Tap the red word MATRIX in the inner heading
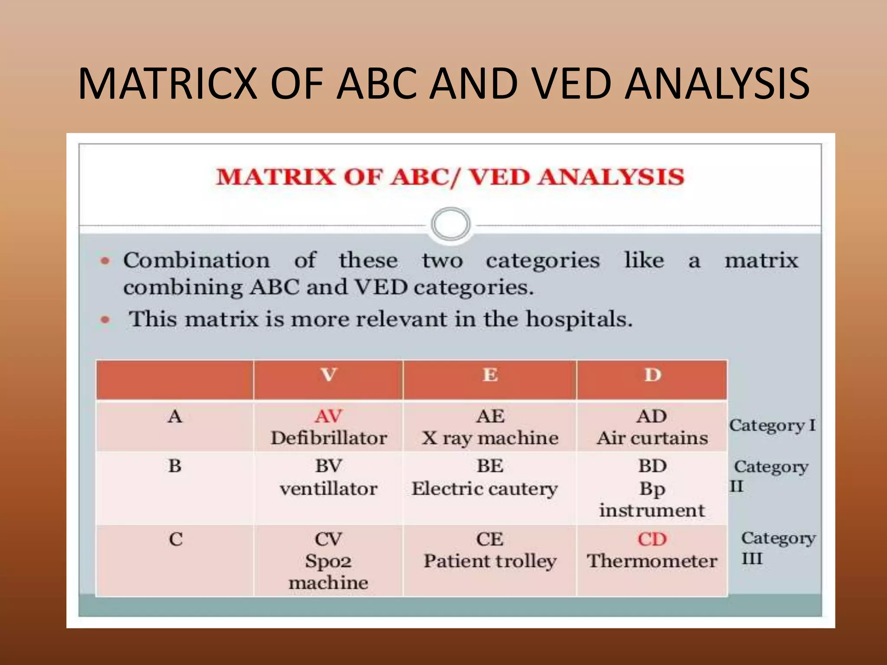pos(275,178)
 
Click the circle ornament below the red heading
pos(450,224)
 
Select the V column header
pos(329,375)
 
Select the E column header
pos(490,375)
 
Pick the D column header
pos(653,375)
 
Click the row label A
pos(175,416)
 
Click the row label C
pos(175,539)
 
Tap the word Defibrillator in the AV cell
pos(329,438)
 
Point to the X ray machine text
pos(490,438)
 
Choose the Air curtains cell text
pos(652,438)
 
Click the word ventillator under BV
pos(329,489)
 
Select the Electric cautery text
pos(485,489)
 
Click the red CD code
pos(652,539)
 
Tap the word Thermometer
pos(652,561)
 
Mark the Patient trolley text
pos(490,561)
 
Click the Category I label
pos(772,425)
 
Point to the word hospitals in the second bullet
pos(579,320)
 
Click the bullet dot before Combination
pos(105,261)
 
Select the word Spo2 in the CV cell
pos(328,562)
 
